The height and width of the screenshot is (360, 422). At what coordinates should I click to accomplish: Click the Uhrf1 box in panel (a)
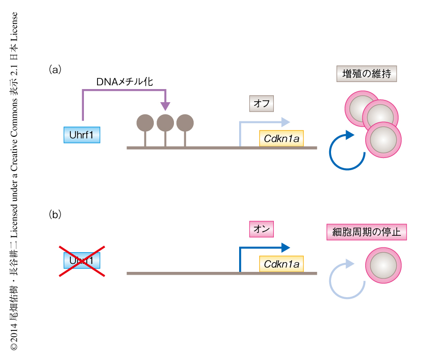[82, 135]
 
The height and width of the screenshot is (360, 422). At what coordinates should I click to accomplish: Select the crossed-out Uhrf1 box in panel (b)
[82, 261]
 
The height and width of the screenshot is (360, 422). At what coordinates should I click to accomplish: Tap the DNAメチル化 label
[124, 81]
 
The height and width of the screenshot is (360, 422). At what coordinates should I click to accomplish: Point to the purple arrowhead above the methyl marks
[165, 106]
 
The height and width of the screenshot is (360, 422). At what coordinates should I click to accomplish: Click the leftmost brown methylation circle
[145, 123]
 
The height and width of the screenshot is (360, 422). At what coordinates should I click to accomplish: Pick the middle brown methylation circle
[165, 123]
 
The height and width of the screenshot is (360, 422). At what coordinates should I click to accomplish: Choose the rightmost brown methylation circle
[185, 123]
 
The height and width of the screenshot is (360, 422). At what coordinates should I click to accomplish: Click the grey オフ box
[261, 103]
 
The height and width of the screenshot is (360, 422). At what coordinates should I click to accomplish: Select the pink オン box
[261, 229]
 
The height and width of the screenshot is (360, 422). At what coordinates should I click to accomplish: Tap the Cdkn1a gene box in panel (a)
[281, 138]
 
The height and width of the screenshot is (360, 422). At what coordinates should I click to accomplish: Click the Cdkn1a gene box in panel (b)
[281, 264]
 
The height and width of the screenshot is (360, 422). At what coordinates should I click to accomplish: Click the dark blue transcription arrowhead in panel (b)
[286, 247]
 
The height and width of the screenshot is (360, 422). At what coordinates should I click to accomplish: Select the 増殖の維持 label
[367, 74]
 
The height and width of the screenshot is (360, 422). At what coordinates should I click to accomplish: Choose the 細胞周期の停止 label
[367, 232]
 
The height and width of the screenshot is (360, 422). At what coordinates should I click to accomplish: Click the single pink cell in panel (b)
[383, 266]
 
